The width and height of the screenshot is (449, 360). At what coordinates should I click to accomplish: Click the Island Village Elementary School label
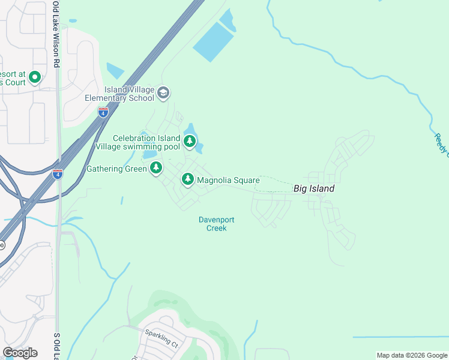129,94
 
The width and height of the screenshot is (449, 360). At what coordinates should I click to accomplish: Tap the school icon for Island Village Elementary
163,94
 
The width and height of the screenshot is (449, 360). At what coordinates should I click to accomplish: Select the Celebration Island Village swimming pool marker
190,142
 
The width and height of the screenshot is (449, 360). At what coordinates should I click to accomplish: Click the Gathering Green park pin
156,167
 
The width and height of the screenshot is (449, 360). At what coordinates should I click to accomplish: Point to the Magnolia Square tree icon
188,179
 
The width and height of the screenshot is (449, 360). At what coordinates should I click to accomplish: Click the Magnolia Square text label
228,180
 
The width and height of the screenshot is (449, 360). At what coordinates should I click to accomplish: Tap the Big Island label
313,188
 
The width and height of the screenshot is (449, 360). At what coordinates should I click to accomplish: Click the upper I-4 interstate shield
103,112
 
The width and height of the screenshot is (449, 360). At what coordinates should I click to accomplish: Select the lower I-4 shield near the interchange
58,174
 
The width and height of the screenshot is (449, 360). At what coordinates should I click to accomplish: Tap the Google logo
20,353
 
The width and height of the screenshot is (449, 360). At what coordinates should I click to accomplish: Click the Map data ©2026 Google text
412,355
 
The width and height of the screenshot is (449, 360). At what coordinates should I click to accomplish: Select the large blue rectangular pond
213,41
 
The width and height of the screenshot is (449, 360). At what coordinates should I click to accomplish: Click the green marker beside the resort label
34,77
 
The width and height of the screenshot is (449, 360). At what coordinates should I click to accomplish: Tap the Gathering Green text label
116,169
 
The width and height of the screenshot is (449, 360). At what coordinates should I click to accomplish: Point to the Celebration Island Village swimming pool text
146,142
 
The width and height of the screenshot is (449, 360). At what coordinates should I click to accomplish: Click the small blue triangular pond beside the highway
114,70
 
